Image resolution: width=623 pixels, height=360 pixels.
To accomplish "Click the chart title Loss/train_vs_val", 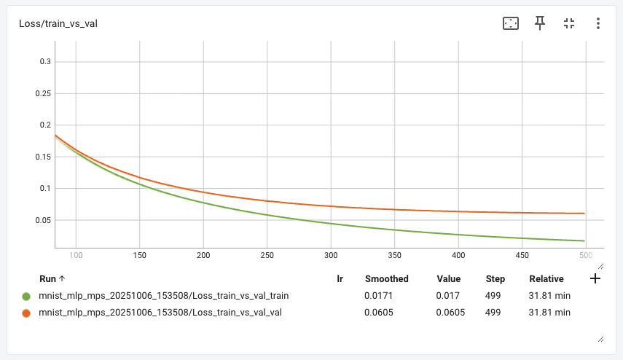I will click(x=58, y=23).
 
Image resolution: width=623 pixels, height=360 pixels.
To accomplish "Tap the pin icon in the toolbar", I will click(x=540, y=23).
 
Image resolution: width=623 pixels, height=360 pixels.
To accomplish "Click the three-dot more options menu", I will click(x=597, y=23).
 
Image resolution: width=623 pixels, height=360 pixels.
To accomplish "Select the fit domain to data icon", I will click(x=511, y=23).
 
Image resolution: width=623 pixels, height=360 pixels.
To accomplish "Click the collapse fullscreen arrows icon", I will click(x=569, y=23).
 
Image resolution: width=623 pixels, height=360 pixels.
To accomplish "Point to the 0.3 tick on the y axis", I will click(x=44, y=62).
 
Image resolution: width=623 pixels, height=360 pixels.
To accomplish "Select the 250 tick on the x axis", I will click(x=267, y=256).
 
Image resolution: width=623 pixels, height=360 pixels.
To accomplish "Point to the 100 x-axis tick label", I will click(x=76, y=256).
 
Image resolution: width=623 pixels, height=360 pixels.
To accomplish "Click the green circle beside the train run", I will click(x=26, y=296).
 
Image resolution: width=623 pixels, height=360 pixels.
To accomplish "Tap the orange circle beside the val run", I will click(x=26, y=313).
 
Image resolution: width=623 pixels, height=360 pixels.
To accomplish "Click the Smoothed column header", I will click(x=386, y=279).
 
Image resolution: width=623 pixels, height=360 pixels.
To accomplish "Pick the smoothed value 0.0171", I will click(x=379, y=296).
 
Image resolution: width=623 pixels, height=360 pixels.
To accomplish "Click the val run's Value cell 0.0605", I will click(x=451, y=313).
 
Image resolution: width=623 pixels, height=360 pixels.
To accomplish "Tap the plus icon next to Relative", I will click(x=595, y=278).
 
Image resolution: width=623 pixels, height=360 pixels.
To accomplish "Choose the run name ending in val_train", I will click(x=162, y=296).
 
